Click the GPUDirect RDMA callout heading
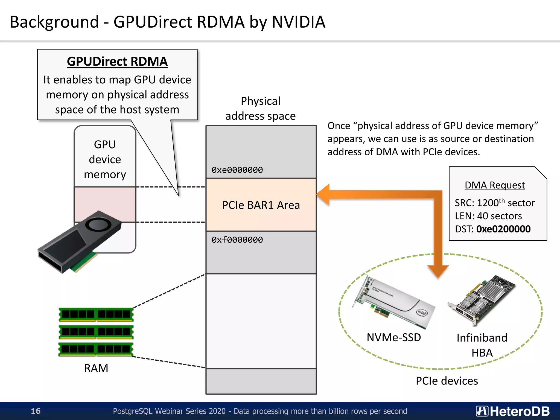[x=117, y=62]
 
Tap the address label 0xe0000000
[x=237, y=170]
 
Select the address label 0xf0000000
[x=237, y=240]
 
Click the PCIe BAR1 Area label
[x=261, y=205]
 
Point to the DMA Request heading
[x=495, y=185]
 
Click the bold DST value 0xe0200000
[x=503, y=229]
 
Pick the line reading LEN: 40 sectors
[x=488, y=216]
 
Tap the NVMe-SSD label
[x=393, y=337]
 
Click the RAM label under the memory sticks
[x=96, y=368]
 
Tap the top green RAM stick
[x=96, y=314]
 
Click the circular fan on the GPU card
[x=98, y=225]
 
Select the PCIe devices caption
[x=447, y=381]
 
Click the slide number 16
[x=36, y=411]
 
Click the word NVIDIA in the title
[x=298, y=22]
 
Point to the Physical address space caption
[x=260, y=109]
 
